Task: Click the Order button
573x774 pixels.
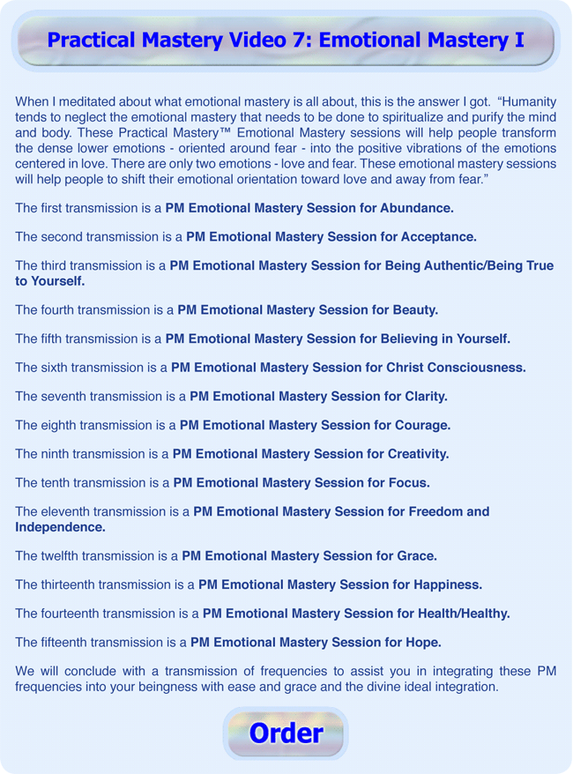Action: pos(286,733)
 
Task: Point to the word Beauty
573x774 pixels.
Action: pos(410,310)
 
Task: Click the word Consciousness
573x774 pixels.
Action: pos(469,368)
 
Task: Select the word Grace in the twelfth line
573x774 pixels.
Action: pos(417,556)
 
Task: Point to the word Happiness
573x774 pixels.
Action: pos(447,584)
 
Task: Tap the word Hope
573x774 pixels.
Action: pos(421,642)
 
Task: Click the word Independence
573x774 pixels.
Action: pos(60,527)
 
